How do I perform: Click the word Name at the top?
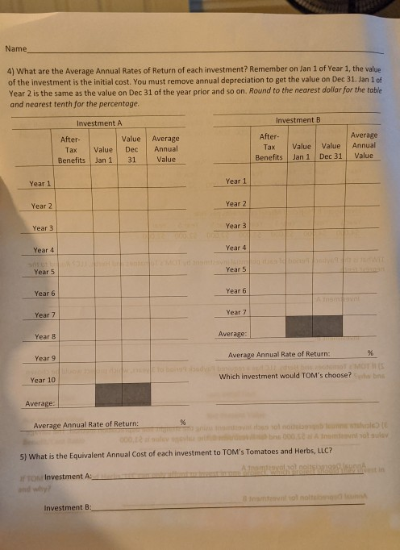[x=15, y=49]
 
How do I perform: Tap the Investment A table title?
[x=99, y=123]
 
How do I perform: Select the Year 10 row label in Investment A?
[x=42, y=379]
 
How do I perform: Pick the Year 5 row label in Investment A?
[x=44, y=272]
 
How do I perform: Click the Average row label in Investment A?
[x=40, y=402]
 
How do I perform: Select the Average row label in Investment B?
[x=232, y=333]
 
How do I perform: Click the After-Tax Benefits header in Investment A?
[x=71, y=150]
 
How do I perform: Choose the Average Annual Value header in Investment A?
[x=165, y=149]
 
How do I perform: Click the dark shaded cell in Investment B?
[x=315, y=325]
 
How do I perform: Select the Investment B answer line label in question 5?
[x=67, y=508]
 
